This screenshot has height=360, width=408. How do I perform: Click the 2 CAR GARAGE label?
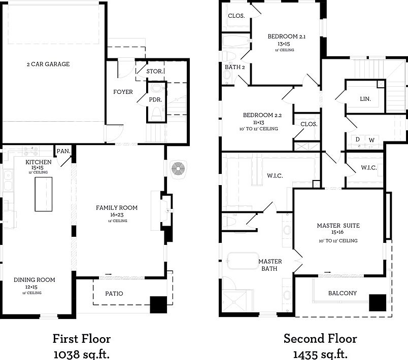48,64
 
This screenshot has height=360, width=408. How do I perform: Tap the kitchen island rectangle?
44,194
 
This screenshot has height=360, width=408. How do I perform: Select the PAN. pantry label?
63,151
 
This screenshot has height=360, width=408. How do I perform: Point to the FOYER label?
123,92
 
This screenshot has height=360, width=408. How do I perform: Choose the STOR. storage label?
155,71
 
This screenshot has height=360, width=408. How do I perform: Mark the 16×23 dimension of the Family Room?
117,214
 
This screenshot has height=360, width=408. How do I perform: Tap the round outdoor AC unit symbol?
178,169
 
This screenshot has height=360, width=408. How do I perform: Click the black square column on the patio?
158,305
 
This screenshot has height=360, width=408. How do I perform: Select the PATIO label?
114,294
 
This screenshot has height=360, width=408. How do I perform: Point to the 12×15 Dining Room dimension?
31,287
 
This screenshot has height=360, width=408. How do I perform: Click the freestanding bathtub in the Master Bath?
243,261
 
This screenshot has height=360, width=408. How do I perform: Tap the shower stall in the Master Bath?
234,302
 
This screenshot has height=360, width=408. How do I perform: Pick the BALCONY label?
343,293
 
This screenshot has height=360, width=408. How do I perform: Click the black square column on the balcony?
378,303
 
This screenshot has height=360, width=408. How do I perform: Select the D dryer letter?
358,139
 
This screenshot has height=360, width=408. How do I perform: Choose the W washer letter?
371,140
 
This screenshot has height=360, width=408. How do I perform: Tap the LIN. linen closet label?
365,99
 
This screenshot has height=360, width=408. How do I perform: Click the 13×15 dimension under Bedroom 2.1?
284,44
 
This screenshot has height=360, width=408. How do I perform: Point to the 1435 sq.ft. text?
320,354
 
